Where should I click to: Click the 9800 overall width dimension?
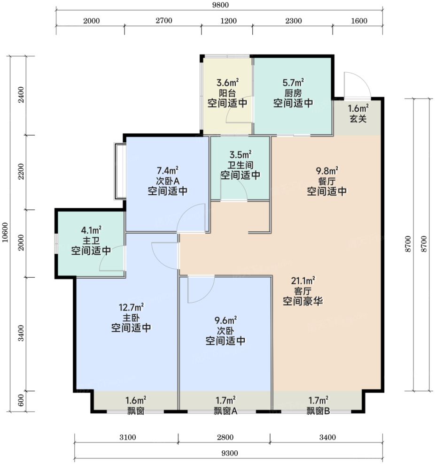tap(220, 5)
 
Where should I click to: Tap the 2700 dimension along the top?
tap(164, 21)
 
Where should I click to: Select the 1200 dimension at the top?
tap(228, 21)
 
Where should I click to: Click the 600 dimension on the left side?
tap(21, 401)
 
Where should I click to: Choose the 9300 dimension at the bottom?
tap(230, 453)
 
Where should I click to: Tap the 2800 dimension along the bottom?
tap(225, 437)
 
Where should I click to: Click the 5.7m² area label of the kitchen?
tap(293, 83)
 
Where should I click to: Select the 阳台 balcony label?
tap(227, 93)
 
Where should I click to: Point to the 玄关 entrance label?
tap(358, 119)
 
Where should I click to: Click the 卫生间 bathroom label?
tap(241, 165)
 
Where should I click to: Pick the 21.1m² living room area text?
tap(303, 281)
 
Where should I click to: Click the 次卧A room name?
tap(168, 181)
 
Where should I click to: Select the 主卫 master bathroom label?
tap(91, 240)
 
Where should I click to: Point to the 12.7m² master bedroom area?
tap(131, 307)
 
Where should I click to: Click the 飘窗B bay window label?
tap(318, 411)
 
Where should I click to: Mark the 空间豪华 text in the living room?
tap(303, 301)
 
